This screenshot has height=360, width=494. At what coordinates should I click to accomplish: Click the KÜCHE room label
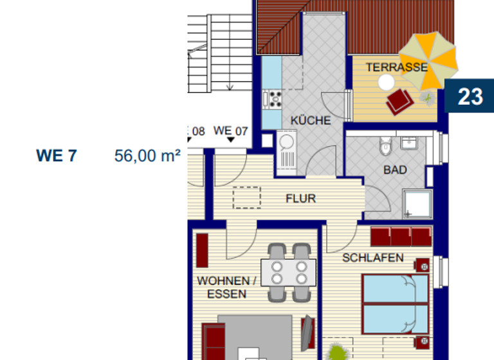pos(311,120)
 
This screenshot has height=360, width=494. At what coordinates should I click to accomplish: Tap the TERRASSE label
pos(397,67)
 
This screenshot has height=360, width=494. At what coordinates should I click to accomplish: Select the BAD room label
pos(395,170)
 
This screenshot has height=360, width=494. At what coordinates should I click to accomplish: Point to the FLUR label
pos(300,199)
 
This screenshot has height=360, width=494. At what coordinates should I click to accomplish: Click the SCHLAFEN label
pos(373,258)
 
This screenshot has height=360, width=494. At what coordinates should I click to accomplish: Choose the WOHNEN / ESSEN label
pos(226,287)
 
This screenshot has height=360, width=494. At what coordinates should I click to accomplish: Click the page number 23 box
pos(470,96)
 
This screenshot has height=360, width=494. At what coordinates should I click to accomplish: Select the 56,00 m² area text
pos(147,156)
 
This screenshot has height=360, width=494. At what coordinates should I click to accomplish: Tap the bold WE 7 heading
pos(57,156)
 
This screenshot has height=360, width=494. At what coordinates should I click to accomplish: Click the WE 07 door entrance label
pos(231,131)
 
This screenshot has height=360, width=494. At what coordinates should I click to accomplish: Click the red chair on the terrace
pos(400,101)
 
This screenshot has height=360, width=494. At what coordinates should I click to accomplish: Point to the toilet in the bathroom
pos(385,147)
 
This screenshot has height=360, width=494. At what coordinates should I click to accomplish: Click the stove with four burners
pos(275,98)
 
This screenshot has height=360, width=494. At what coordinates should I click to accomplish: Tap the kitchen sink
pos(284,143)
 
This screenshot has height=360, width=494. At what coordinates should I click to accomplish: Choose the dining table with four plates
pos(289,272)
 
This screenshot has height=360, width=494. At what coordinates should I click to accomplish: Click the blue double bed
pos(395,305)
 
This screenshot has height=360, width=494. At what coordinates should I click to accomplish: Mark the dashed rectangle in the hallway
pos(247,197)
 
